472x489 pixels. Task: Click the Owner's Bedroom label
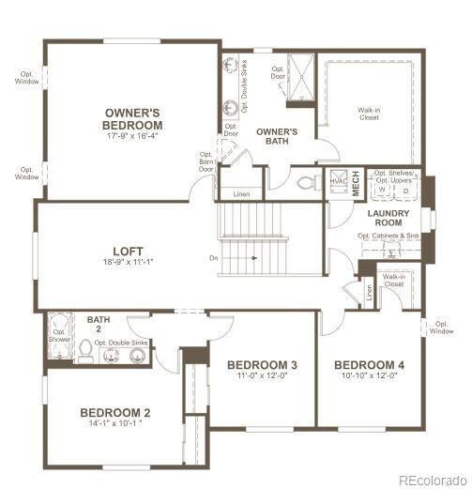coord(134,118)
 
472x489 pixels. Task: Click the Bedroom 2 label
coord(114,413)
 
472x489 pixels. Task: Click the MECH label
coord(357,183)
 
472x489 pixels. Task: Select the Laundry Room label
coord(384,219)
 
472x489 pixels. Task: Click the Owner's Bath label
coord(277,137)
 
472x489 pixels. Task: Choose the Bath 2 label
coord(99,325)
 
